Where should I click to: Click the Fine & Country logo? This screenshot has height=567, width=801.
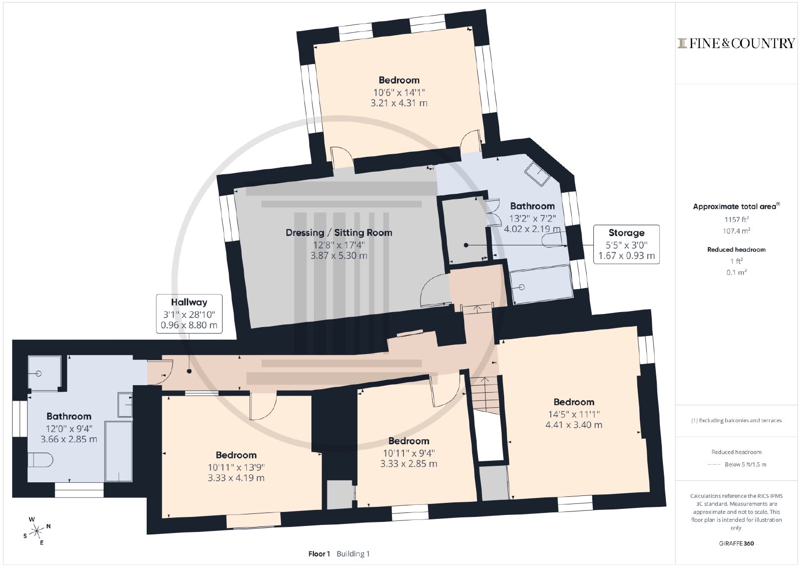tap(736, 43)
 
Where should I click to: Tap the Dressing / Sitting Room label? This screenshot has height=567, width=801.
tap(338, 232)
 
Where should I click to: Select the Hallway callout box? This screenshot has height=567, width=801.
tap(189, 314)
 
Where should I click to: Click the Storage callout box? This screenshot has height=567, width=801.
tap(626, 244)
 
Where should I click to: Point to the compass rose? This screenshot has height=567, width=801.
tap(37, 530)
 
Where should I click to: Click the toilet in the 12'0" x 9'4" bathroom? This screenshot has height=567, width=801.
tap(40, 460)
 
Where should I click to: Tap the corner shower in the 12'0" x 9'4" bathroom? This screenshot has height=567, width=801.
tap(44, 373)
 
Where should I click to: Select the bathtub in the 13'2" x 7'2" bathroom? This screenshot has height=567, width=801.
tap(541, 285)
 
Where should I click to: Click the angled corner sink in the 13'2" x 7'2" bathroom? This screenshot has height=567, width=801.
tap(537, 174)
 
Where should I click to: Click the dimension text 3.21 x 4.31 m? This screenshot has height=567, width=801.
tap(399, 103)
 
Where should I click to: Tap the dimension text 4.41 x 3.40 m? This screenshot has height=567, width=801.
tap(574, 425)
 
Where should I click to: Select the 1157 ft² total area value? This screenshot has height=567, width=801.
tap(736, 219)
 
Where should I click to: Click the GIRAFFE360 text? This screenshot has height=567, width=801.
tap(736, 543)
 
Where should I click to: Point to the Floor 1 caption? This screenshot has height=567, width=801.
tap(319, 554)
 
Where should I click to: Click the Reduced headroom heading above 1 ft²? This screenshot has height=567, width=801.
tap(736, 249)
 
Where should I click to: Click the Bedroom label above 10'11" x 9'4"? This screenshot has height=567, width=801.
tap(409, 441)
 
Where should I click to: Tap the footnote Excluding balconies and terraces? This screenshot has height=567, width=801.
tap(736, 420)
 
